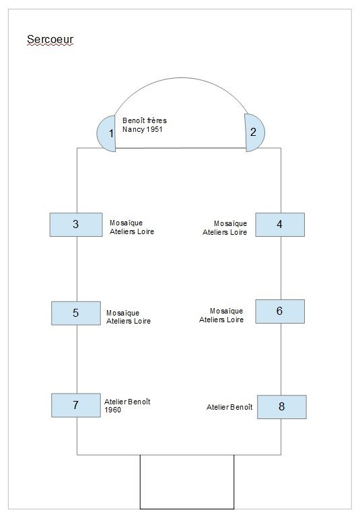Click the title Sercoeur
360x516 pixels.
click(50, 40)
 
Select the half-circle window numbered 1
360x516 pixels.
click(106, 134)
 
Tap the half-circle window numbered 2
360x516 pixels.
click(254, 133)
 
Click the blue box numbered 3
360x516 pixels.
click(76, 225)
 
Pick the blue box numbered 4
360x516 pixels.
click(280, 225)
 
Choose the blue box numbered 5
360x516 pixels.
click(76, 313)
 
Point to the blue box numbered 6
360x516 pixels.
click(280, 311)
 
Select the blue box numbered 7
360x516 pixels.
click(76, 405)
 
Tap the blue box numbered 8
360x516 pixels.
click(282, 407)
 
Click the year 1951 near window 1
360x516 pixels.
click(155, 129)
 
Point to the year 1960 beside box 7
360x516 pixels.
click(113, 410)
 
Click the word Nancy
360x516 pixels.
click(134, 130)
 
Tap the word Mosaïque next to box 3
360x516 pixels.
click(127, 223)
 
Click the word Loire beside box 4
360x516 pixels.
click(239, 232)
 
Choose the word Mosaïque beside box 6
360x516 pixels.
click(226, 311)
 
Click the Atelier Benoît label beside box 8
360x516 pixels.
click(229, 407)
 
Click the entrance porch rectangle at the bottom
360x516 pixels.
click(187, 482)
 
